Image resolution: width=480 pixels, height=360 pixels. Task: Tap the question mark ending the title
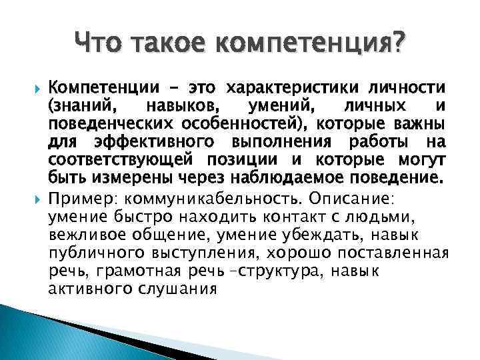398,45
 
